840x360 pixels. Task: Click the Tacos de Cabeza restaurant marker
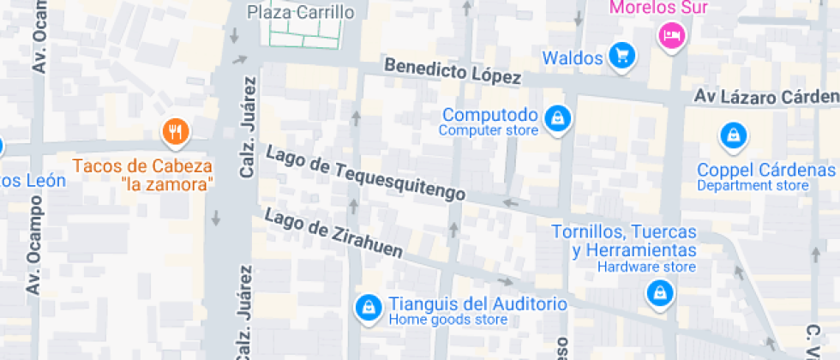tap(177, 131)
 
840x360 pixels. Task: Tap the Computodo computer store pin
tap(558, 118)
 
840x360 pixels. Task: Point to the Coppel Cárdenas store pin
tap(733, 135)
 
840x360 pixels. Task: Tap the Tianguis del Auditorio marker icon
tap(369, 307)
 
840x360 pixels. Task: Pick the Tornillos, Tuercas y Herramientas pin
tap(659, 293)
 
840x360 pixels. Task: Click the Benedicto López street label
tap(453, 71)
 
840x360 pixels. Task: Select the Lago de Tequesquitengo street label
tap(366, 174)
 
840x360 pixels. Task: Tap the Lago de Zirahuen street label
tap(333, 231)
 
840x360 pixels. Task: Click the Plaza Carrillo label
tap(301, 12)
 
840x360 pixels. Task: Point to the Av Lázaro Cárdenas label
tap(767, 97)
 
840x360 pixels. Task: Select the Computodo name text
tap(490, 115)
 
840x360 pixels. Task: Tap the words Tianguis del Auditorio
tap(478, 304)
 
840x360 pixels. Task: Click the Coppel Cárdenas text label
tap(765, 169)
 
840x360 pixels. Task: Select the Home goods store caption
tap(447, 321)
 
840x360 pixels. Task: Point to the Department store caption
tap(752, 185)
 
